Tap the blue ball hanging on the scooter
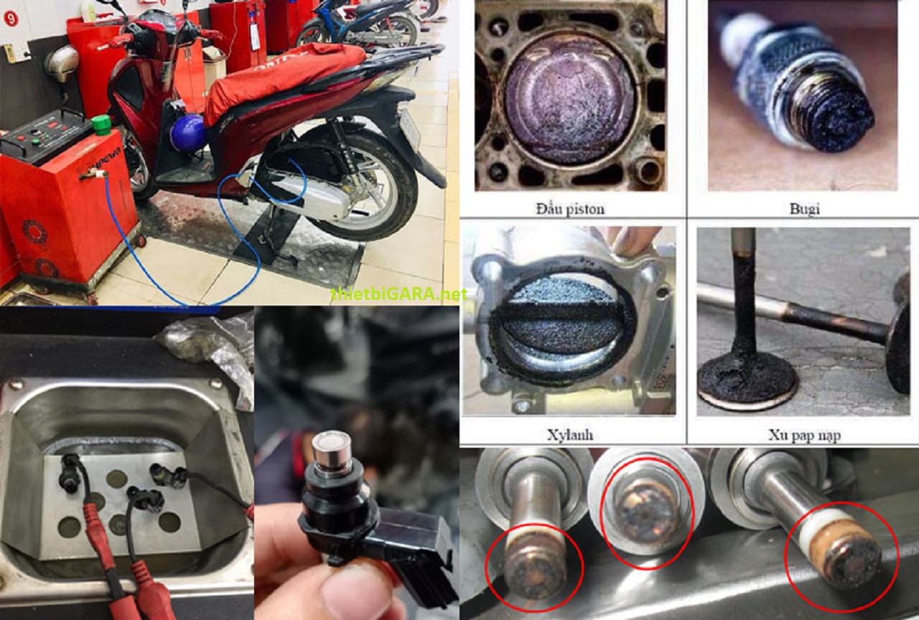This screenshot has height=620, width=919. click(188, 132)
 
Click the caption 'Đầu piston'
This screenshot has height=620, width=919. click(570, 209)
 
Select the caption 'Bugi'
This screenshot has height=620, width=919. click(804, 209)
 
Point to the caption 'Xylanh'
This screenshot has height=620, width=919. click(570, 435)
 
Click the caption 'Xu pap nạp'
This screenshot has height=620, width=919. click(804, 435)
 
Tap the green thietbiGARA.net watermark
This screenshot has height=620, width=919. click(398, 293)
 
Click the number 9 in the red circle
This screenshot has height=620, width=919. click(10, 19)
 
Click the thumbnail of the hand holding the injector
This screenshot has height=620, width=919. click(356, 464)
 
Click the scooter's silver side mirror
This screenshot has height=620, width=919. click(62, 62)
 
